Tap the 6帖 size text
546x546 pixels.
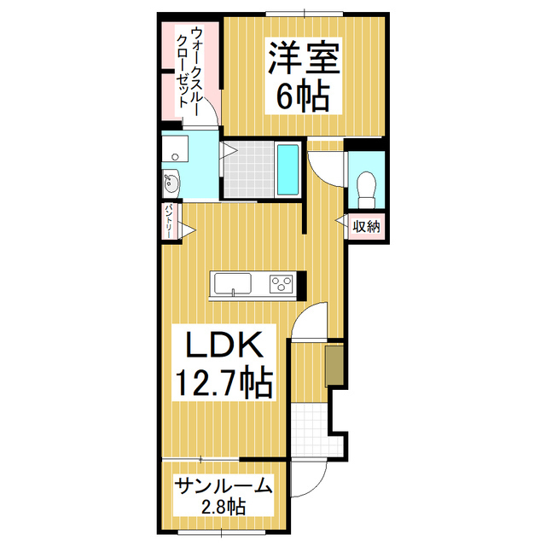point(303,96)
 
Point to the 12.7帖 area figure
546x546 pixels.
point(224,381)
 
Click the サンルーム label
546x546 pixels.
point(224,486)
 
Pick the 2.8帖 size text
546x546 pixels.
point(223,508)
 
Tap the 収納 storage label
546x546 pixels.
point(367,226)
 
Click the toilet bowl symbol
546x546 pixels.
point(368,185)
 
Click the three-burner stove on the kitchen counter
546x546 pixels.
point(281,283)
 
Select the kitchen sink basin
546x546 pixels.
point(232,283)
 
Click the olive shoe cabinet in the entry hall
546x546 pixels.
point(333,364)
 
